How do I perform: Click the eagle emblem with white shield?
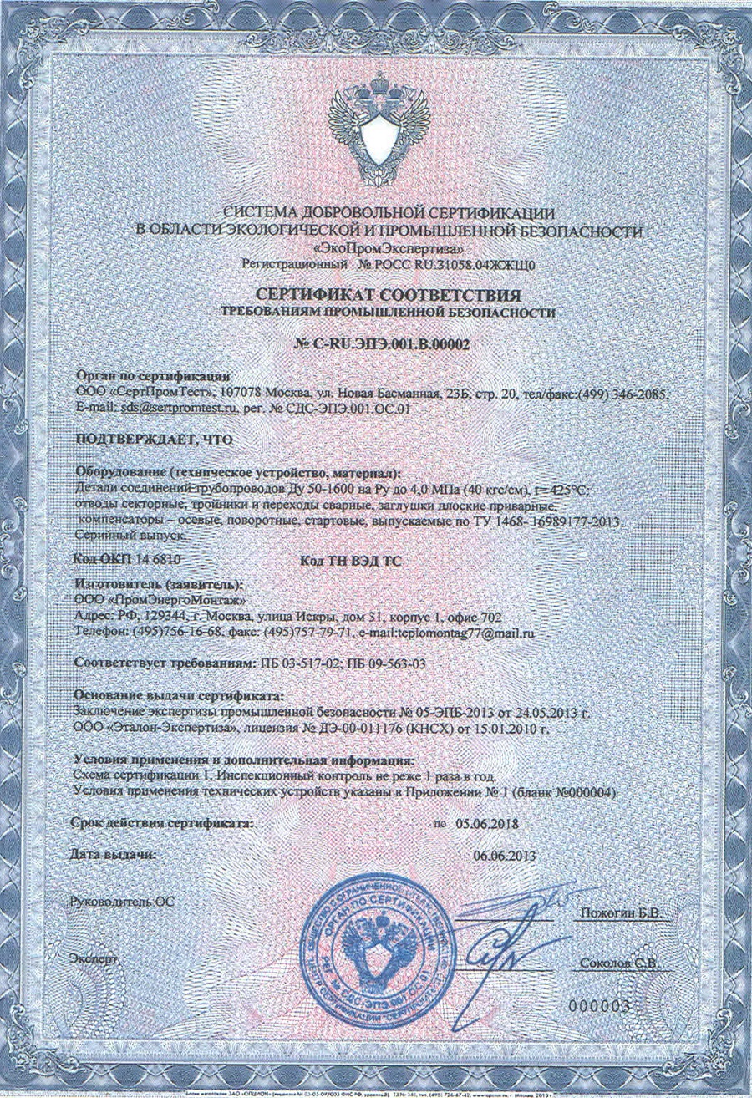375,125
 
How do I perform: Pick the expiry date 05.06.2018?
487,823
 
